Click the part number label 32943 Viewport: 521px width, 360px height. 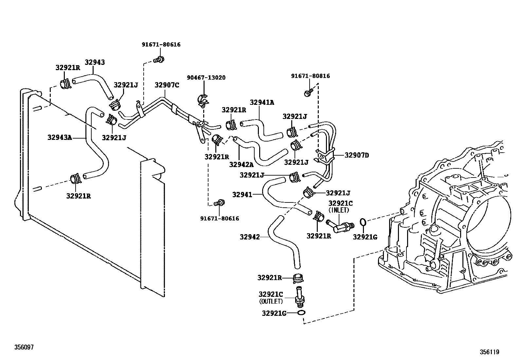pyautogui.click(x=95, y=62)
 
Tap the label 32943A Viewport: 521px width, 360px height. pyautogui.click(x=60, y=137)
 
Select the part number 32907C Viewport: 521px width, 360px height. pyautogui.click(x=167, y=85)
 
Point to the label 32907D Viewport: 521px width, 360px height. pyautogui.click(x=357, y=155)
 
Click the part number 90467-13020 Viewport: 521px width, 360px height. pyautogui.click(x=206, y=78)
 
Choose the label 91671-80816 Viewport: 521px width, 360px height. pyautogui.click(x=311, y=76)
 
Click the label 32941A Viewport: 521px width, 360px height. pyautogui.click(x=262, y=102)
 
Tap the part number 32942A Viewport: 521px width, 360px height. pyautogui.click(x=242, y=164)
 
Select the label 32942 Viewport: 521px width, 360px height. pyautogui.click(x=250, y=237)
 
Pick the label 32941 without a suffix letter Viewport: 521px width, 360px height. pyautogui.click(x=243, y=195)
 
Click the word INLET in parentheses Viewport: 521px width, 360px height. pyautogui.click(x=339, y=210)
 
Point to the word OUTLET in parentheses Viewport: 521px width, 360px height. pyautogui.click(x=271, y=301)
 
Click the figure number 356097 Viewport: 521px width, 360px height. pyautogui.click(x=24, y=347)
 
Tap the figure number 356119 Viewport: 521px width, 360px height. pyautogui.click(x=490, y=352)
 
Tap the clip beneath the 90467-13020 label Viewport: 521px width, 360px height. pyautogui.click(x=203, y=100)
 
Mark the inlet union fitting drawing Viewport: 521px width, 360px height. pyautogui.click(x=340, y=226)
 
